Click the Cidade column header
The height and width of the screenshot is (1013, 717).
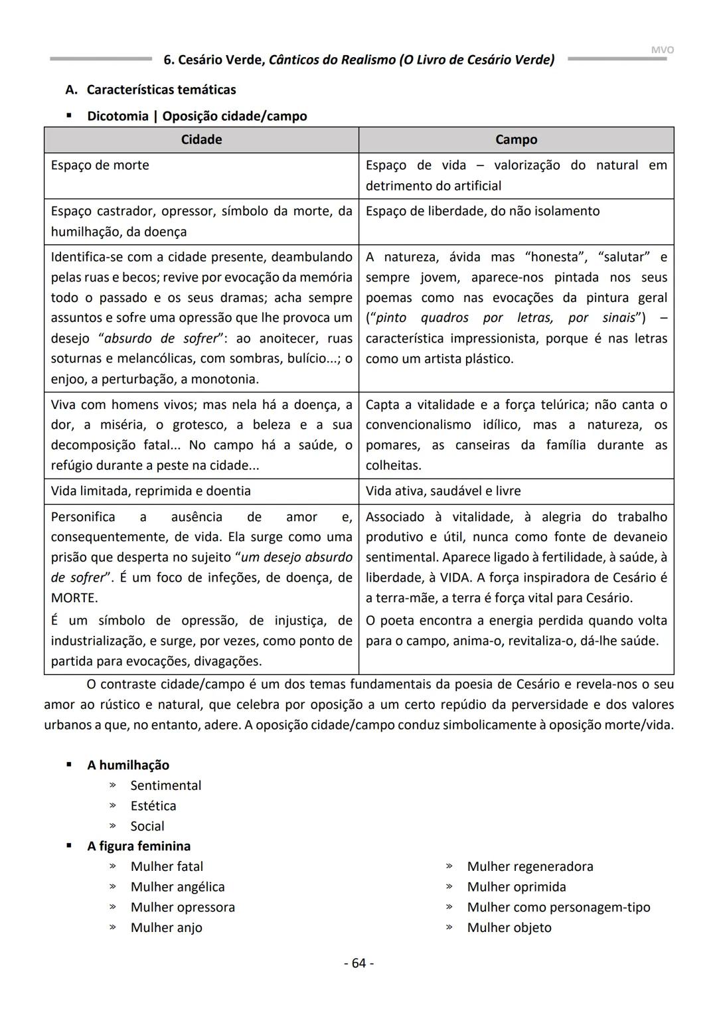pyautogui.click(x=201, y=139)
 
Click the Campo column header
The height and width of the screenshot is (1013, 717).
pyautogui.click(x=516, y=139)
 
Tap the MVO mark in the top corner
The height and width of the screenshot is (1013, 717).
pyautogui.click(x=662, y=50)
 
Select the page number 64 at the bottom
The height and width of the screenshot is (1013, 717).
pyautogui.click(x=358, y=963)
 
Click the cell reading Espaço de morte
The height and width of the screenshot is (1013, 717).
pyautogui.click(x=100, y=165)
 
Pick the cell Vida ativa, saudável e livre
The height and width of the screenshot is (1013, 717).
pyautogui.click(x=443, y=491)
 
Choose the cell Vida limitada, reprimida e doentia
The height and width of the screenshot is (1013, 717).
pyautogui.click(x=151, y=491)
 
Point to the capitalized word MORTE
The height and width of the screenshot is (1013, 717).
pyautogui.click(x=74, y=597)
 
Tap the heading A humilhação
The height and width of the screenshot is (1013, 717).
pyautogui.click(x=127, y=765)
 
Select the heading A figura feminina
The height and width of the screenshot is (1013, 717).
pyautogui.click(x=138, y=846)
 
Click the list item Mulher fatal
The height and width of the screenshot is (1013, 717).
pyautogui.click(x=167, y=866)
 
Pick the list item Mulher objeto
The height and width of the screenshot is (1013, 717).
pyautogui.click(x=509, y=927)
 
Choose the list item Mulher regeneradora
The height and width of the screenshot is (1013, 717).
pyautogui.click(x=530, y=866)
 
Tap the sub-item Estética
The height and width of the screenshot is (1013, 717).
pyautogui.click(x=153, y=805)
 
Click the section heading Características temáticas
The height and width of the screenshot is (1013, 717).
pyautogui.click(x=161, y=89)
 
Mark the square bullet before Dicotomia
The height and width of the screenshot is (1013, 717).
pyautogui.click(x=68, y=116)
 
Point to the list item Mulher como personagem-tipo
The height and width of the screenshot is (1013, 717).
pyautogui.click(x=558, y=907)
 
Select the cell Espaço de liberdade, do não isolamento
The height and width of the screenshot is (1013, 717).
pyautogui.click(x=482, y=211)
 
